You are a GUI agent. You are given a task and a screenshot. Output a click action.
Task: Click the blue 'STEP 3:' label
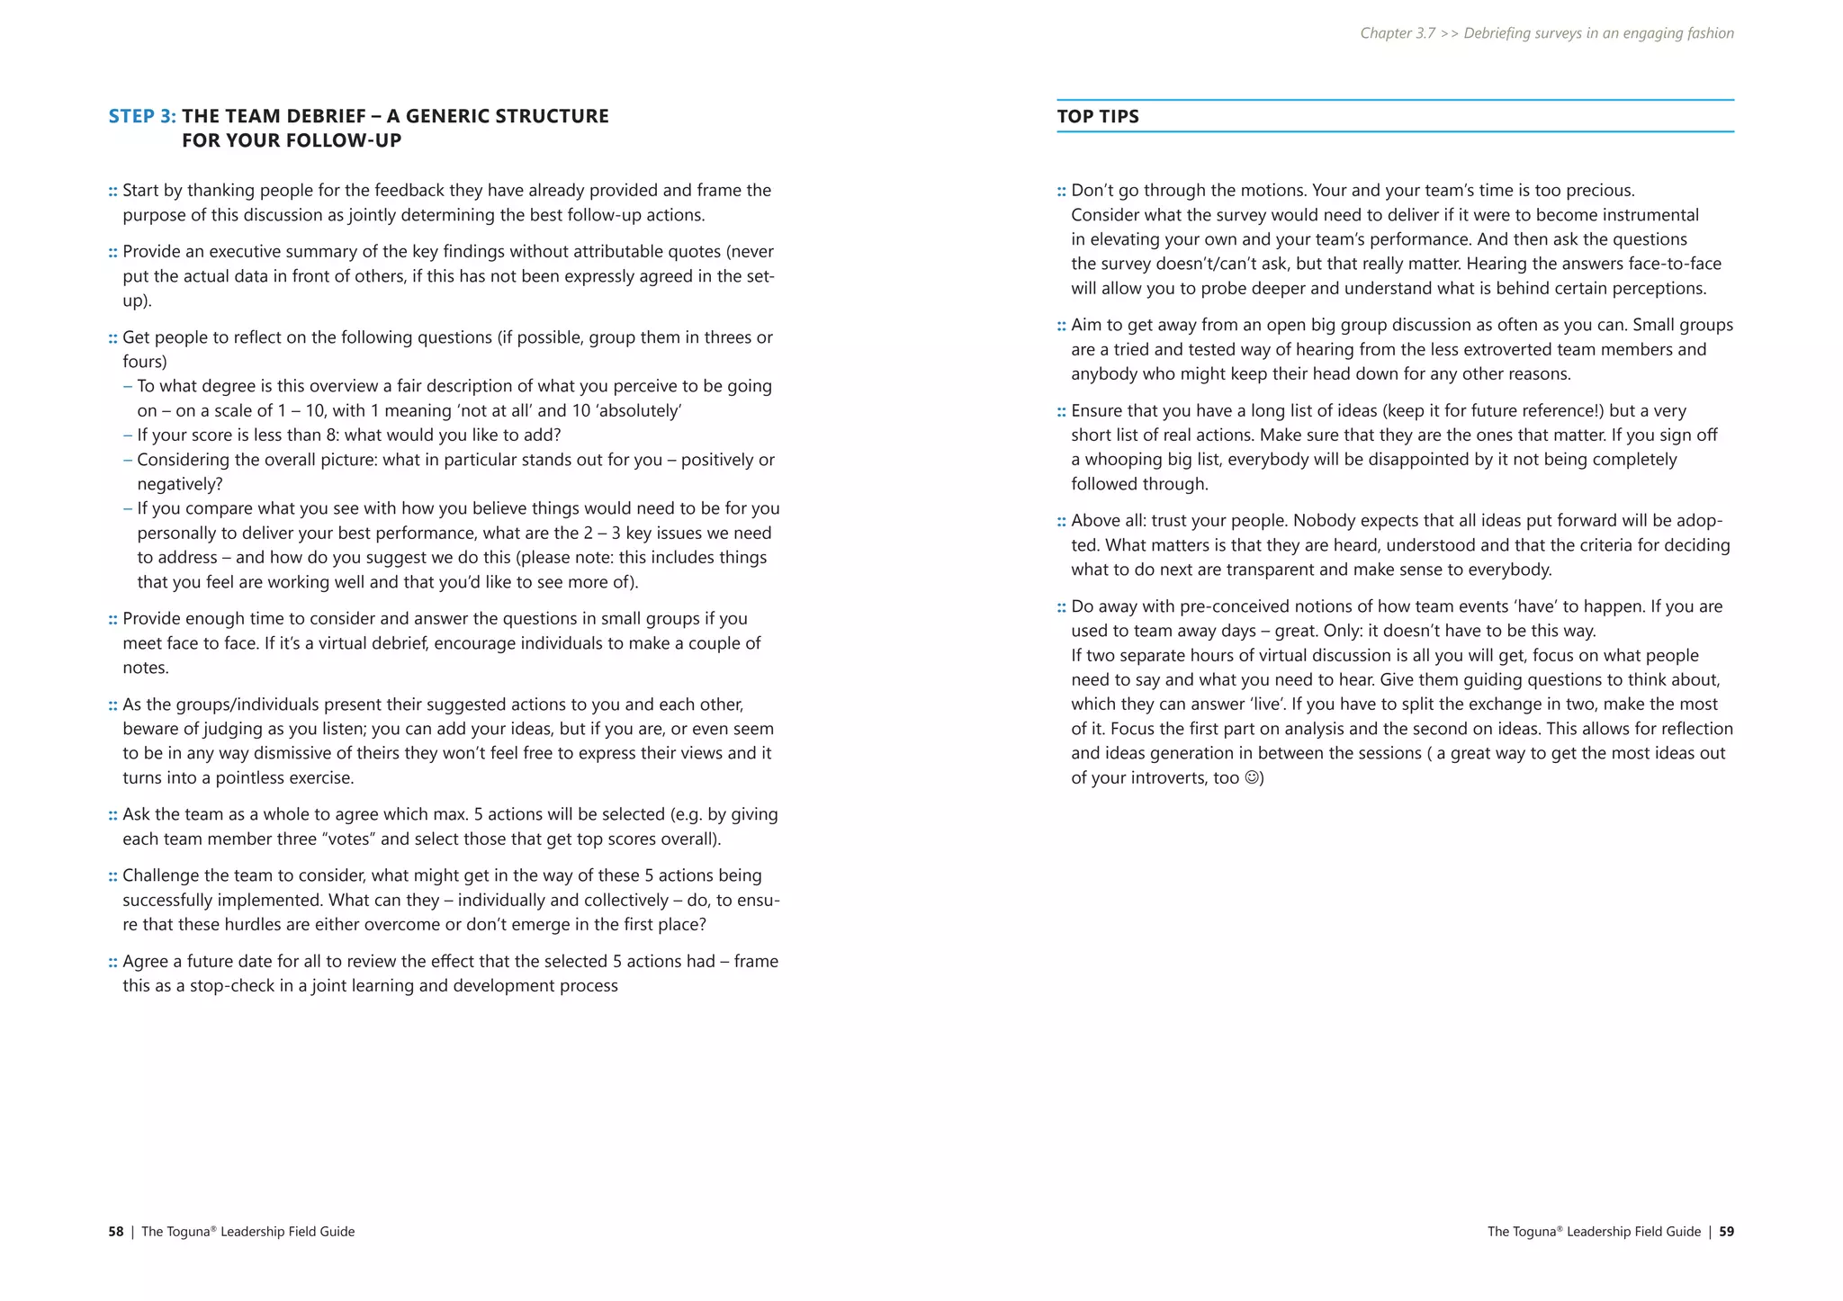tap(142, 116)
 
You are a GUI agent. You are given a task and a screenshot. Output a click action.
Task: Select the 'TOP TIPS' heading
tap(1097, 116)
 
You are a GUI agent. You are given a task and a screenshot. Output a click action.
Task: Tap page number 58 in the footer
tap(116, 1232)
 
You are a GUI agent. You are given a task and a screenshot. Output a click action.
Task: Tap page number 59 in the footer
tap(1726, 1232)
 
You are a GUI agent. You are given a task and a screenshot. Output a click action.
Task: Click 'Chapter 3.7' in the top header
tap(1398, 33)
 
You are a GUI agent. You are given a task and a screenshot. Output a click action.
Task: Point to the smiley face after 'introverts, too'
tap(1252, 777)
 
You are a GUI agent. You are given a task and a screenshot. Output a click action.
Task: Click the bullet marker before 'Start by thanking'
tap(113, 191)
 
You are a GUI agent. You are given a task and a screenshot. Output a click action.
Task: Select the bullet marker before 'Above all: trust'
tap(1062, 521)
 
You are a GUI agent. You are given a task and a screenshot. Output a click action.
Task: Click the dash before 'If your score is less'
tap(128, 435)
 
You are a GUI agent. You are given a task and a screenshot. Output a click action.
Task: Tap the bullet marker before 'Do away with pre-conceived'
tap(1062, 607)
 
